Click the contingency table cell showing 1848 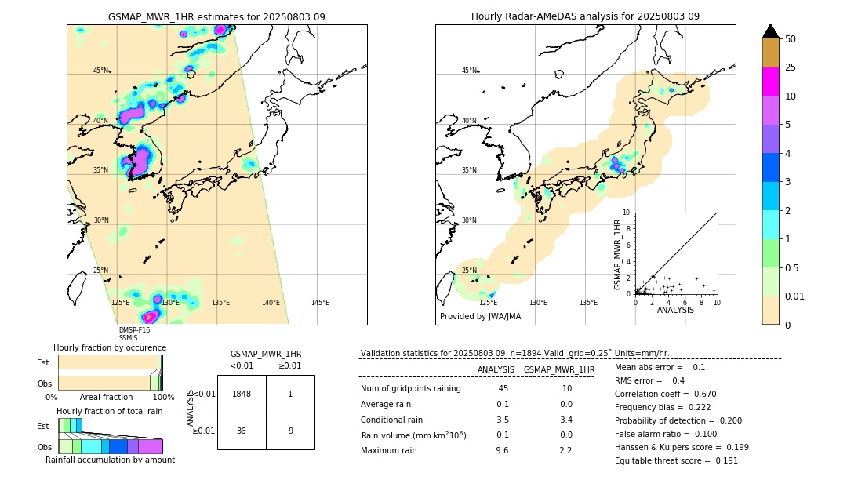click(x=242, y=394)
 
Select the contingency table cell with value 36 click(x=242, y=431)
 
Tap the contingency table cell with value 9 click(x=290, y=431)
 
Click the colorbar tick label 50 click(x=791, y=39)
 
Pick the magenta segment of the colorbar click(x=771, y=82)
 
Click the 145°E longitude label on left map click(x=320, y=303)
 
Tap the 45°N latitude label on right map click(x=469, y=71)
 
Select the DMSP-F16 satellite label click(x=134, y=330)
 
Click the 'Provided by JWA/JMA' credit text click(x=480, y=317)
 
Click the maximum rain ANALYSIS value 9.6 click(x=502, y=450)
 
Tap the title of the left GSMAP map click(x=216, y=16)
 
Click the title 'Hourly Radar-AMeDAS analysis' click(x=585, y=16)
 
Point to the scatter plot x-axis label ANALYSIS click(x=675, y=310)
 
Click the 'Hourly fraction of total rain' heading click(x=109, y=412)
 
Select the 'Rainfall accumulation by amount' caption click(x=111, y=460)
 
